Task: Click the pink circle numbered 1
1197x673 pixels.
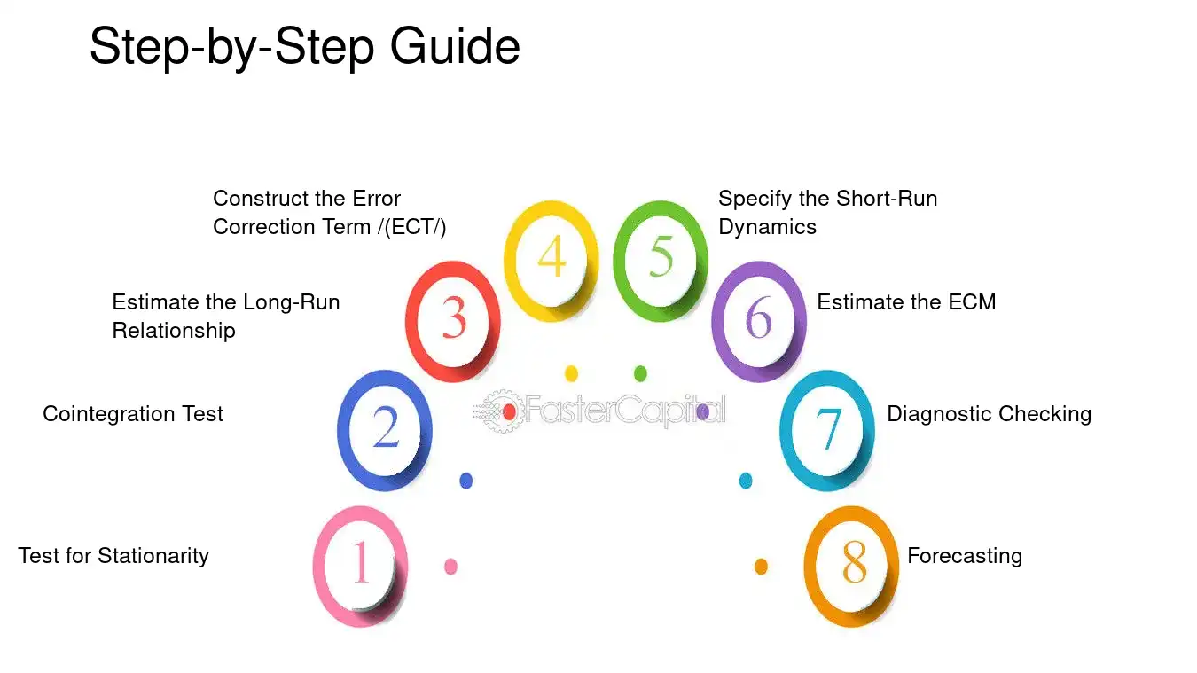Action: click(x=317, y=567)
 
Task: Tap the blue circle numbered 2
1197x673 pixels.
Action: click(x=342, y=430)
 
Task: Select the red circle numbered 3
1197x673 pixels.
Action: click(x=411, y=321)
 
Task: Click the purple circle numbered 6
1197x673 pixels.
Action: click(x=717, y=321)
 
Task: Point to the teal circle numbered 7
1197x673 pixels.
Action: click(x=786, y=430)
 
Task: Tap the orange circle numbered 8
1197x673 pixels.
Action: click(x=810, y=567)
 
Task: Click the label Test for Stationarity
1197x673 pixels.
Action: click(x=113, y=556)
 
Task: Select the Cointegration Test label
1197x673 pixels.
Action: click(x=132, y=414)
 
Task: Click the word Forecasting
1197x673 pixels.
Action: click(x=965, y=557)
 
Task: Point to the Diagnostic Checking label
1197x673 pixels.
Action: click(x=990, y=415)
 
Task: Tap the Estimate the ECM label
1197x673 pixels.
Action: click(x=906, y=302)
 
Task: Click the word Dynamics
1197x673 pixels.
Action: click(x=767, y=228)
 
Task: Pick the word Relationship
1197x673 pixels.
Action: click(x=174, y=331)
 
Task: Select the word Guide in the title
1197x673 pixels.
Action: click(x=455, y=46)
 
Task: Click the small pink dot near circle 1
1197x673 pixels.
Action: click(x=450, y=567)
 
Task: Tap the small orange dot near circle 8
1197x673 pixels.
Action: click(x=761, y=567)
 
